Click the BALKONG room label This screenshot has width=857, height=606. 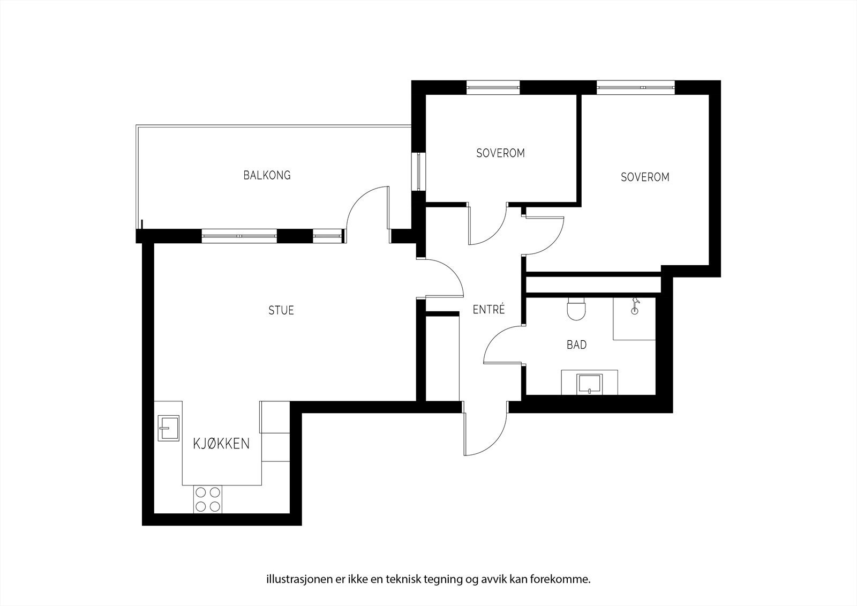click(267, 175)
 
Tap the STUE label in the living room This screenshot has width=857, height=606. click(281, 310)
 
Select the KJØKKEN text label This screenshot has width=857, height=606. click(221, 444)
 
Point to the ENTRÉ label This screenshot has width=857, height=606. click(488, 310)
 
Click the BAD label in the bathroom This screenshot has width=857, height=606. click(576, 345)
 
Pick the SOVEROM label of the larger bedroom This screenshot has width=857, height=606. click(645, 177)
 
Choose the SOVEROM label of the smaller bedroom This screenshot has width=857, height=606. click(500, 153)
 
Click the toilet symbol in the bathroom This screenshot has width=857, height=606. click(576, 309)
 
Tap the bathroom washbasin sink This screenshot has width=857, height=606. click(589, 384)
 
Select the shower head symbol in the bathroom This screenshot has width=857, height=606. click(635, 305)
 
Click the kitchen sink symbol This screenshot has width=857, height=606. click(169, 428)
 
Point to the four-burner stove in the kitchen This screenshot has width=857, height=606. click(208, 499)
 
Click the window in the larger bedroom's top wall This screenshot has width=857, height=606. click(635, 87)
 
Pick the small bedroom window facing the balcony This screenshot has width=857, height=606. click(418, 171)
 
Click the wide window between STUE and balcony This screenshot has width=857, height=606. click(239, 236)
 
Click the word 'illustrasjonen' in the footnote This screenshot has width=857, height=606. click(294, 579)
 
